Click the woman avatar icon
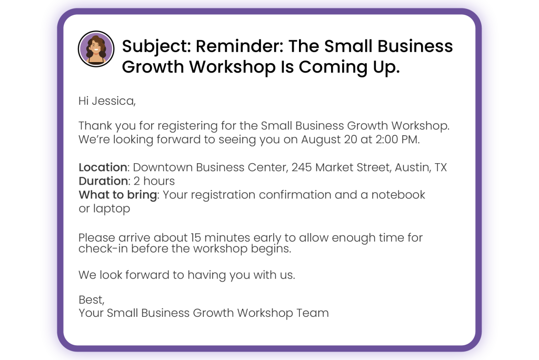pos(96,48)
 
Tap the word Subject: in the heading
pos(156,47)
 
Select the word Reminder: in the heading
pos(239,46)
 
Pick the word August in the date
pos(321,140)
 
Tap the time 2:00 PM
pos(397,139)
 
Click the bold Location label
pos(103,167)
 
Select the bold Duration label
pos(103,181)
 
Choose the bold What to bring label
pos(118,195)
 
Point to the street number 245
pos(302,167)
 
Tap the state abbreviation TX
pos(441,167)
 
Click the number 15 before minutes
pos(196,237)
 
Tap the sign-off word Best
pos(91,300)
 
